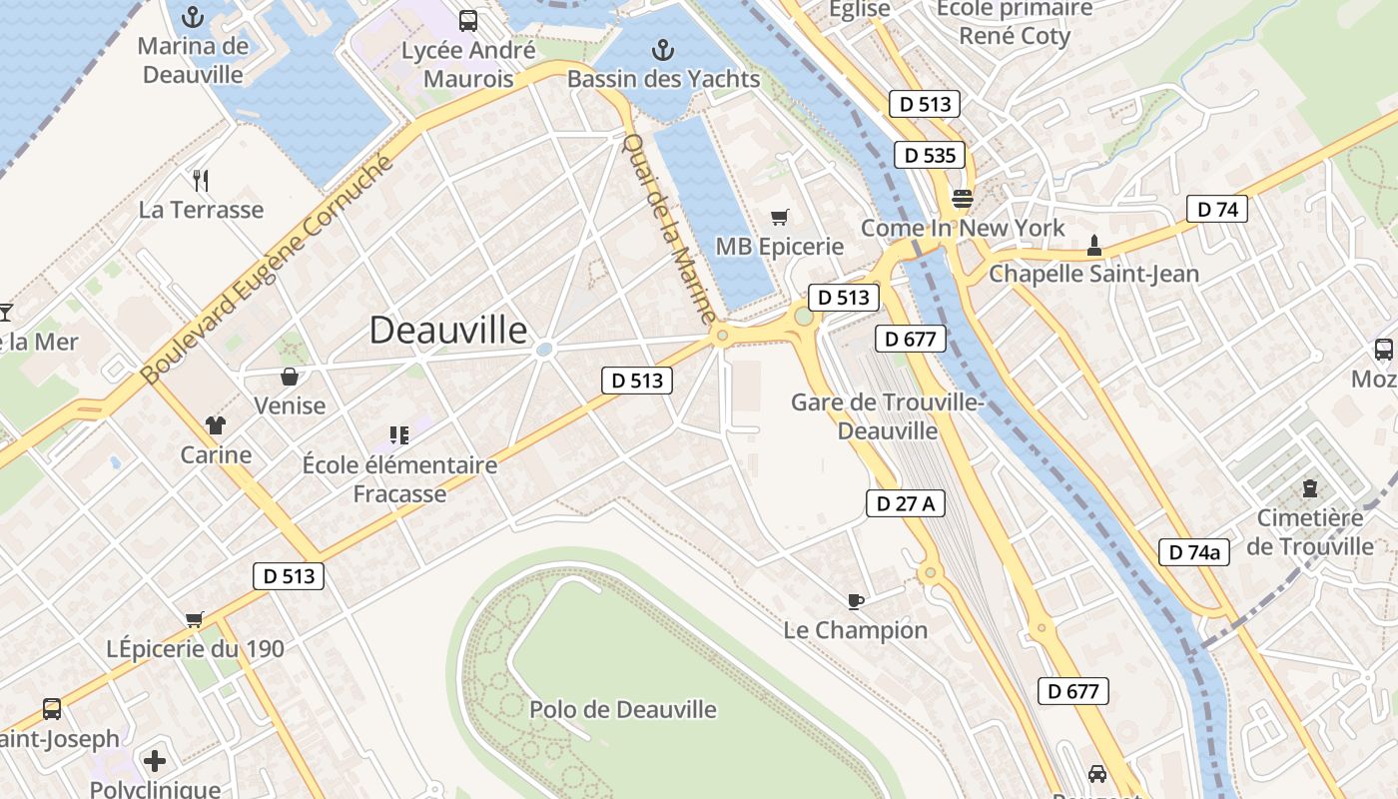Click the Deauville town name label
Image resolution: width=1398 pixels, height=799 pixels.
click(448, 330)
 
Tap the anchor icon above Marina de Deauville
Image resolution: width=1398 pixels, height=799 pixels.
click(193, 16)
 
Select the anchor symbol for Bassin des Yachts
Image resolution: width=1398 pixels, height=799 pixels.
click(662, 49)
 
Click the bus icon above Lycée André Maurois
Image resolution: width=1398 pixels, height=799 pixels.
click(467, 20)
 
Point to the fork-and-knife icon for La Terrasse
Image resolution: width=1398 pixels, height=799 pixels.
click(201, 181)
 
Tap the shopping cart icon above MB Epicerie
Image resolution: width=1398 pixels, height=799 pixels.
click(780, 217)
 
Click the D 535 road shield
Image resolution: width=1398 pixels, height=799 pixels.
click(930, 155)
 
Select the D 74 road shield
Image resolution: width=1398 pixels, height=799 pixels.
click(1217, 209)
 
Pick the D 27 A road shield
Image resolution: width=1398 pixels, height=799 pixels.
click(905, 503)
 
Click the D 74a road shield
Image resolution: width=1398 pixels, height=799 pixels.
click(1194, 551)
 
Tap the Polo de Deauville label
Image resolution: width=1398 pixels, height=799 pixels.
click(623, 710)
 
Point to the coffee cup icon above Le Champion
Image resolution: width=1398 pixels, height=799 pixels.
click(855, 600)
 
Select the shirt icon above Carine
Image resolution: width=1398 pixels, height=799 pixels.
click(216, 425)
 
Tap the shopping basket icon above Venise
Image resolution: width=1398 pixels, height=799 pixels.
click(290, 377)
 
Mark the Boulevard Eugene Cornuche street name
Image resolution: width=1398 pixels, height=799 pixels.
click(268, 271)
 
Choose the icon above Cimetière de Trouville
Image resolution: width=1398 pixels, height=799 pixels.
click(1309, 488)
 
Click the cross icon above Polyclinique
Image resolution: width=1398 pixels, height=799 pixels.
click(155, 762)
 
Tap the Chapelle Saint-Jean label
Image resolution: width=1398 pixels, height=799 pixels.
click(1093, 274)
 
